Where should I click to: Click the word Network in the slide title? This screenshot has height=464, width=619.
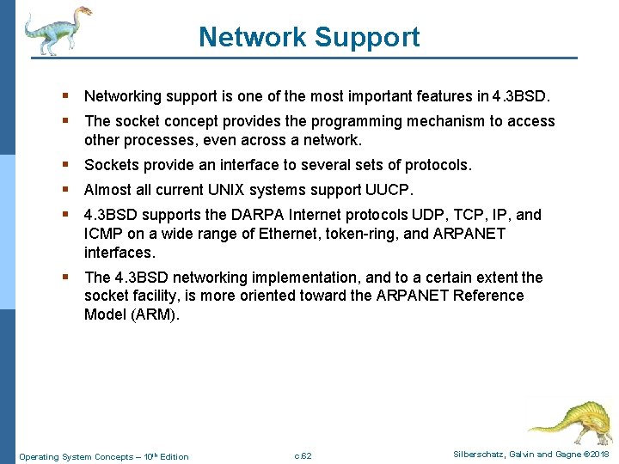click(x=252, y=38)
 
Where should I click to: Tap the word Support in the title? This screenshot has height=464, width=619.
click(x=367, y=38)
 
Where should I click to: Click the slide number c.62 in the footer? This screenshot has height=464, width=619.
click(x=303, y=455)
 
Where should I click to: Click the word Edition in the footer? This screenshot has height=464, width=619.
click(x=174, y=456)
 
